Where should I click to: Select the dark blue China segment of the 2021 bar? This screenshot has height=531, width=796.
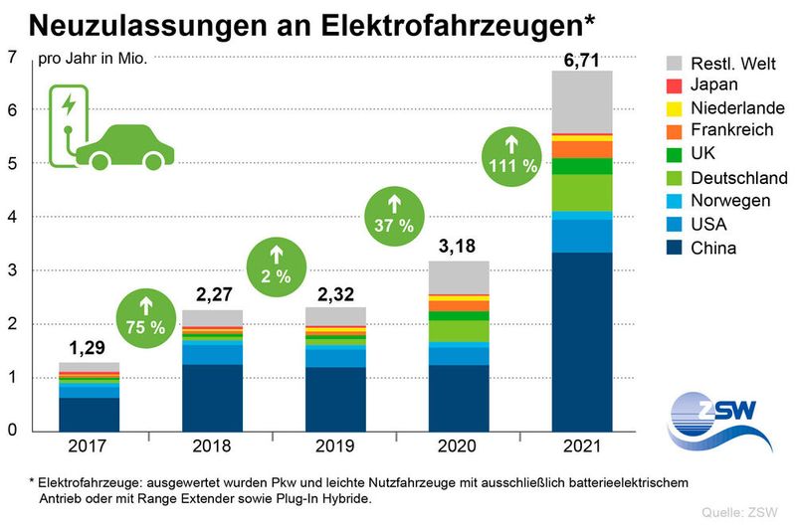[x=582, y=341]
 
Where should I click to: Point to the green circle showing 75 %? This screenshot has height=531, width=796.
[x=146, y=317]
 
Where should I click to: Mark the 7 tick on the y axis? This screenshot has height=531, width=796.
[x=13, y=57]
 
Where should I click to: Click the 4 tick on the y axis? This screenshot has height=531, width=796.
[x=13, y=217]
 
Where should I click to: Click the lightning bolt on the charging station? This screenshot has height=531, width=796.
[x=68, y=104]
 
